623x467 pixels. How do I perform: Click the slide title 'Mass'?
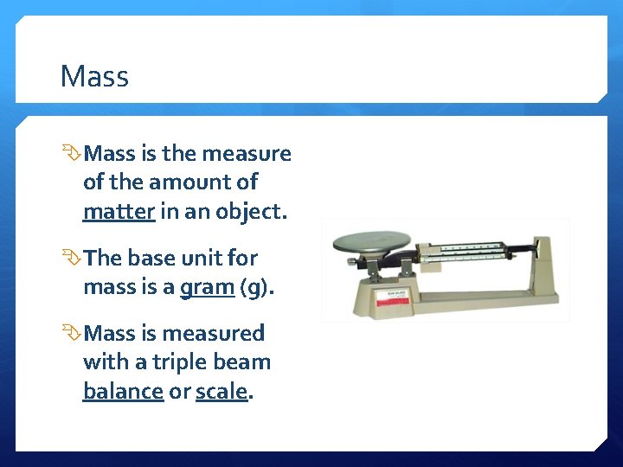(x=94, y=77)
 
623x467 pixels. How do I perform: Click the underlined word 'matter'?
(x=119, y=211)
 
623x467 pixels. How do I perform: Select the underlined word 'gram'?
(x=207, y=286)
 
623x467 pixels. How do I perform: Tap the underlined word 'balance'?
(x=123, y=391)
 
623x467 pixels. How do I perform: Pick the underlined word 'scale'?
(x=222, y=391)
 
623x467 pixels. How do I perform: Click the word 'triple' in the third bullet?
(x=178, y=362)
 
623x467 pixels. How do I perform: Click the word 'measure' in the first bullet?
(x=248, y=154)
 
